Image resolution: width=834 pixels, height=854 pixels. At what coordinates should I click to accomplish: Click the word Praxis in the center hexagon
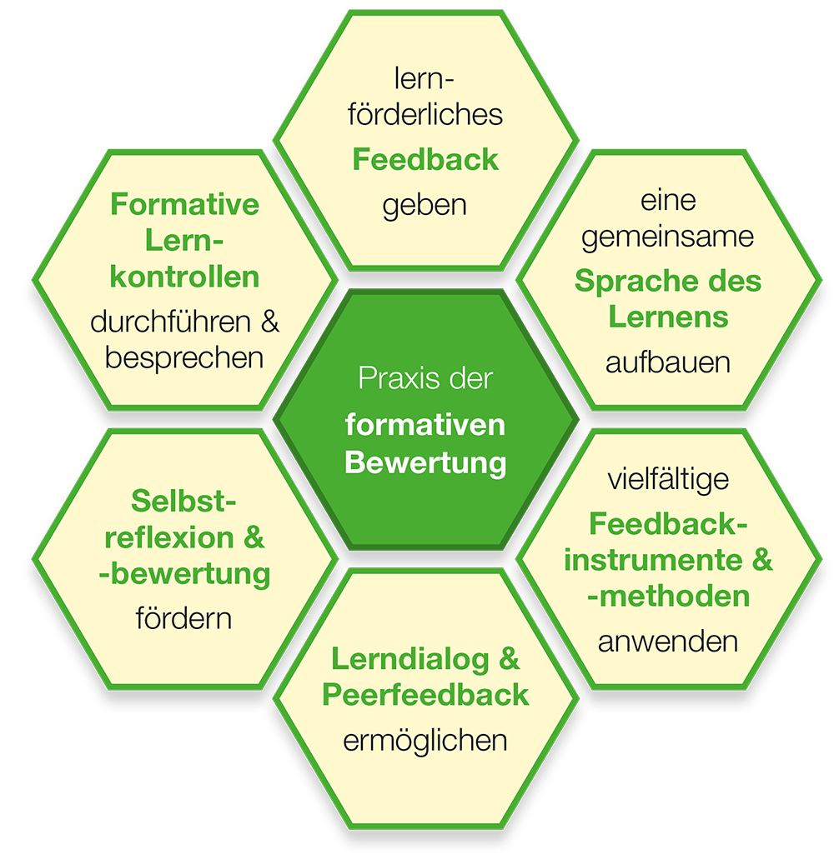point(389,380)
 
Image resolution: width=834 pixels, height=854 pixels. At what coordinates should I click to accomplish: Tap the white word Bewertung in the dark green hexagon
point(425,462)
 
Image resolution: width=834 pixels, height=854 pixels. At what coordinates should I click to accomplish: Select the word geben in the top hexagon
point(425,204)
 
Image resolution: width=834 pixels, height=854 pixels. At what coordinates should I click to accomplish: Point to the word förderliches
point(425,114)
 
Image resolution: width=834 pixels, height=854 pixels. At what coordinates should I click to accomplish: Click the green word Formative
point(185,204)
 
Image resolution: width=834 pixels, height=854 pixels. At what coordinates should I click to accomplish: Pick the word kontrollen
point(185,277)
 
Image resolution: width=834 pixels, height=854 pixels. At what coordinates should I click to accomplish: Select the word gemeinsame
point(667,237)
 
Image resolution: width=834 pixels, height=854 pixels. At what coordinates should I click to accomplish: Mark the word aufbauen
point(668,362)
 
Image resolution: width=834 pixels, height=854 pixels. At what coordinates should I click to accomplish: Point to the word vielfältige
point(668,480)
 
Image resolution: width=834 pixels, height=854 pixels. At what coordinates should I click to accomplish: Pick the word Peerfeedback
point(425,696)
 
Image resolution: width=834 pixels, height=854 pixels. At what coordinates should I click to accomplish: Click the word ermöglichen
point(425,740)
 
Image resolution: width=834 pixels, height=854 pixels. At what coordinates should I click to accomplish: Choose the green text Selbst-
point(184,502)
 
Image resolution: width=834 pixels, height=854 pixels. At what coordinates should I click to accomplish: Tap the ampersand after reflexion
point(254,538)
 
